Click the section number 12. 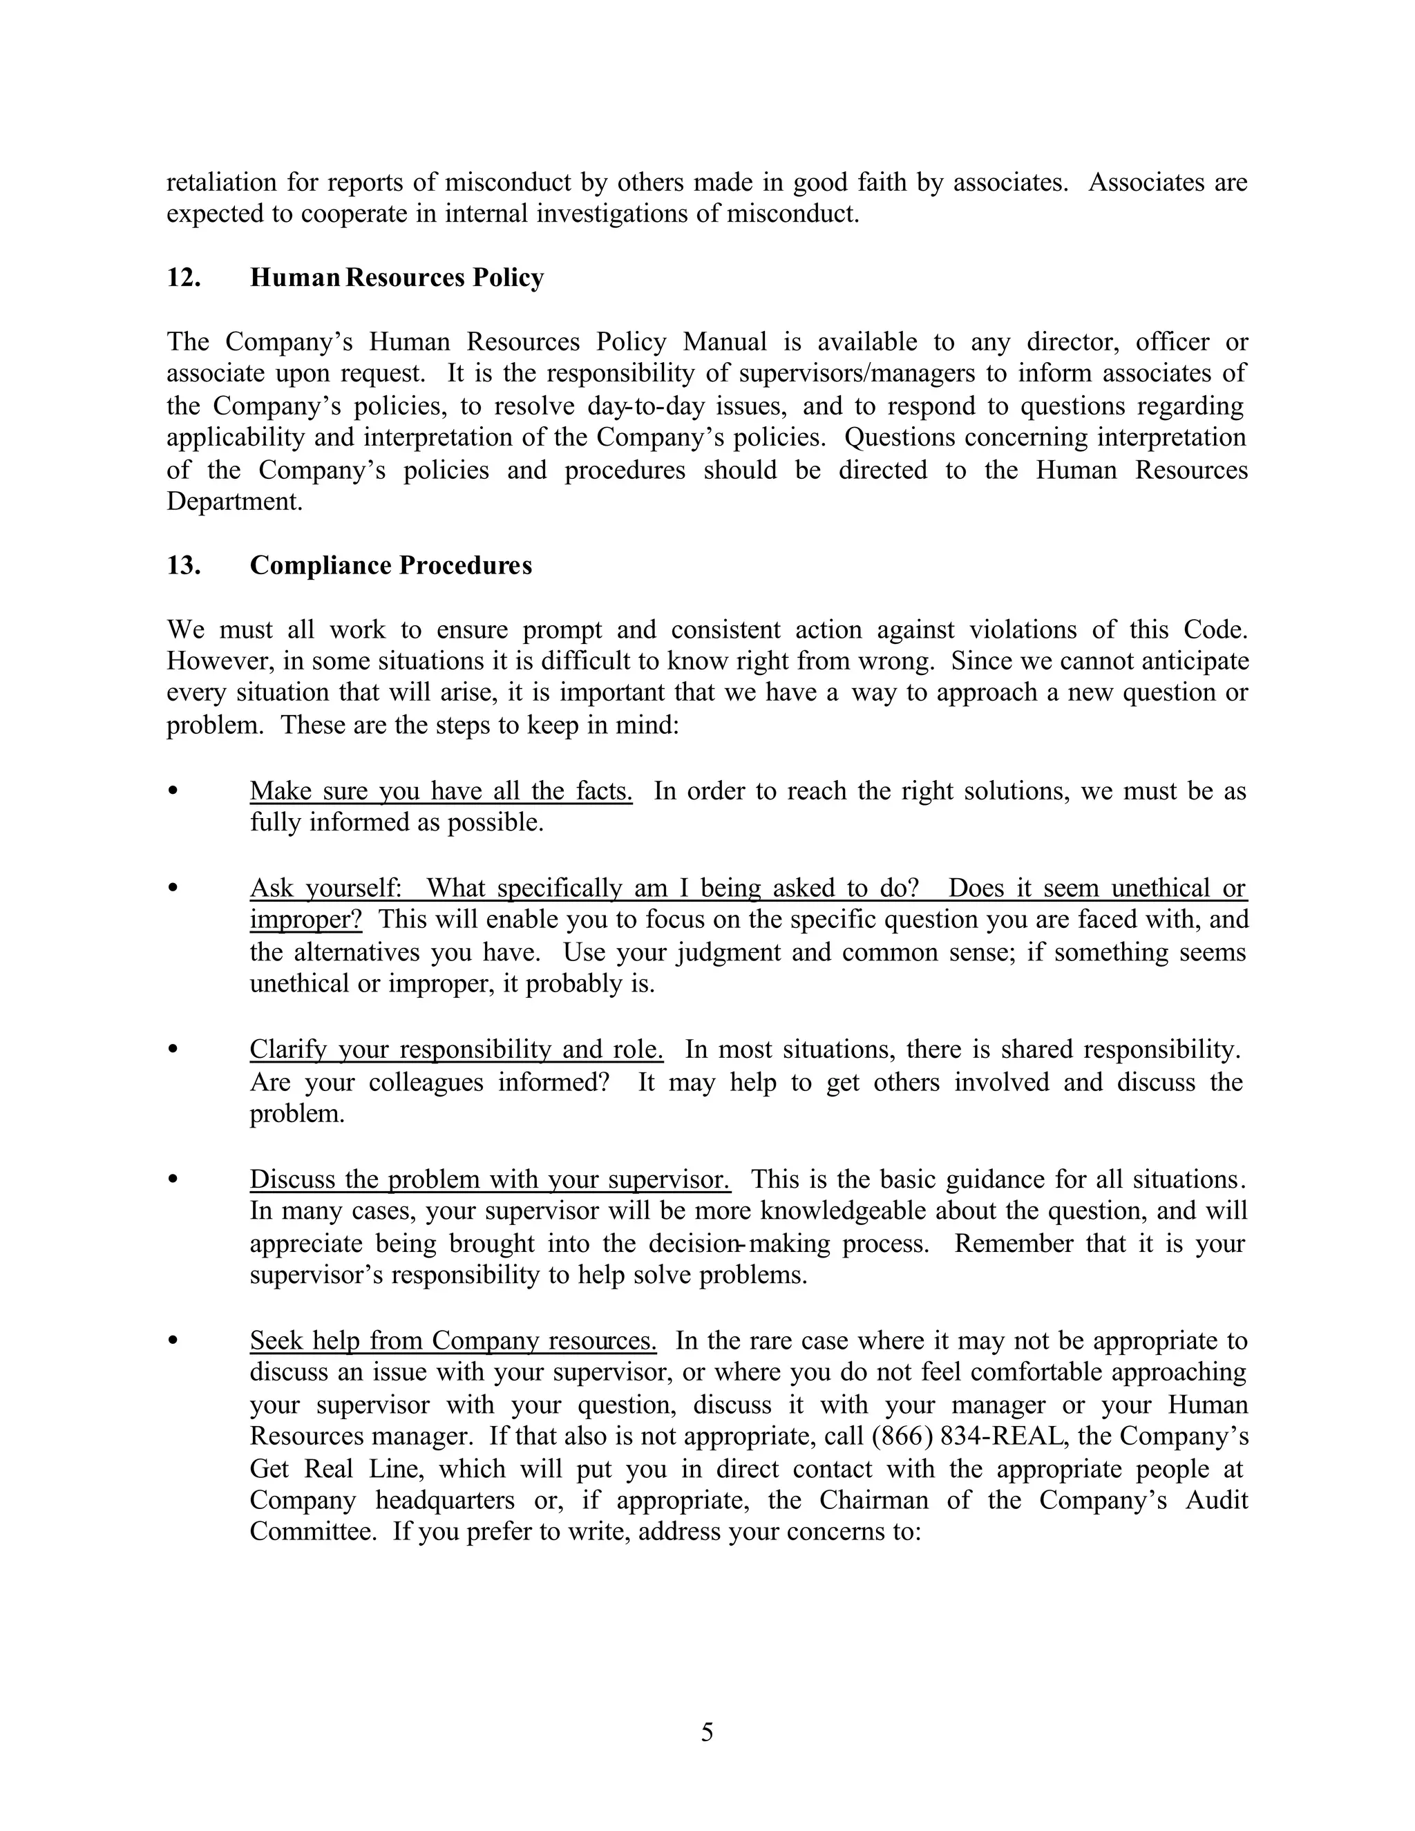coord(184,278)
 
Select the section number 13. coord(184,565)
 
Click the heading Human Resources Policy coord(397,278)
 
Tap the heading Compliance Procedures coord(390,565)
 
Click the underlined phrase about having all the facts coord(441,790)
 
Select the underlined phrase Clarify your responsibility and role coord(456,1050)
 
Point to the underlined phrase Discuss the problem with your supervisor coord(490,1179)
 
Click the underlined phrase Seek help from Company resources coord(453,1340)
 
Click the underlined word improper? coord(306,920)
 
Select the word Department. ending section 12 coord(234,502)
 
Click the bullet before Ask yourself coord(173,887)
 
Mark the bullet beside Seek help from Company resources coord(173,1340)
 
